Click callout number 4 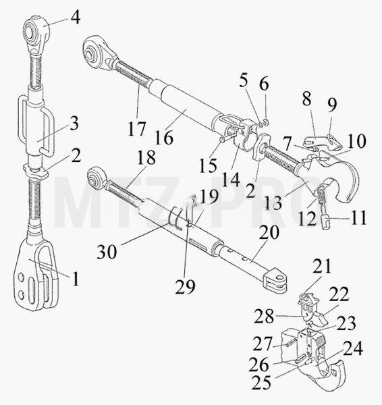[x=76, y=18]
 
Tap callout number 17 [x=137, y=129]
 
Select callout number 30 [x=107, y=252]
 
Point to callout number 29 [x=185, y=286]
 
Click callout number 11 [x=358, y=218]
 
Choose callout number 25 [x=261, y=383]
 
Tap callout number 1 [x=76, y=279]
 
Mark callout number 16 [x=164, y=138]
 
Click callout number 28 [x=264, y=317]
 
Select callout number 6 [x=264, y=84]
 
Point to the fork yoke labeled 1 [x=36, y=274]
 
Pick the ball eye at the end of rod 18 [x=96, y=178]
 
